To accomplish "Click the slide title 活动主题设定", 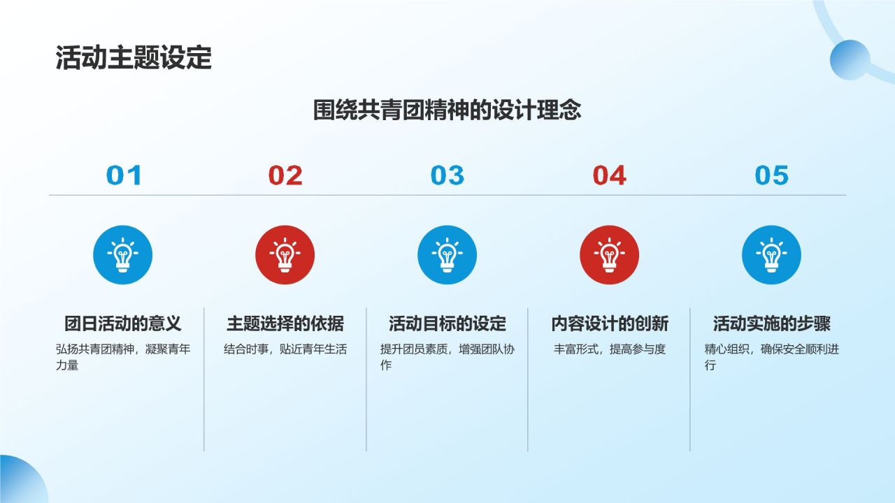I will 134,59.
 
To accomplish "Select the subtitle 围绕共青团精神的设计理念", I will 447,110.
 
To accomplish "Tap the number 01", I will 124,175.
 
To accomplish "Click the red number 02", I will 285,175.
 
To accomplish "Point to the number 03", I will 447,175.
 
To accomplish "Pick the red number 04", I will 609,175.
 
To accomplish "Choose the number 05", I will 771,175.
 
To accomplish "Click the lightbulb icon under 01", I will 123,255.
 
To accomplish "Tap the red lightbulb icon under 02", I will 285,255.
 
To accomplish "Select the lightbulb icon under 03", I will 447,255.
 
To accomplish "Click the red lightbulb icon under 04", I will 609,255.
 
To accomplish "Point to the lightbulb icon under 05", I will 771,255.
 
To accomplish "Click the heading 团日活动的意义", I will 123,323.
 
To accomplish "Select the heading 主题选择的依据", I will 285,323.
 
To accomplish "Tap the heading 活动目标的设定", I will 447,323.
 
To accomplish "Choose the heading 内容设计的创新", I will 609,323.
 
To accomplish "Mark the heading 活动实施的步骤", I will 771,323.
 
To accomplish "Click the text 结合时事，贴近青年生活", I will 285,349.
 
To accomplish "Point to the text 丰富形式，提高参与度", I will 609,349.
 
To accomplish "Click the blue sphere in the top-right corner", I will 850,59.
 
